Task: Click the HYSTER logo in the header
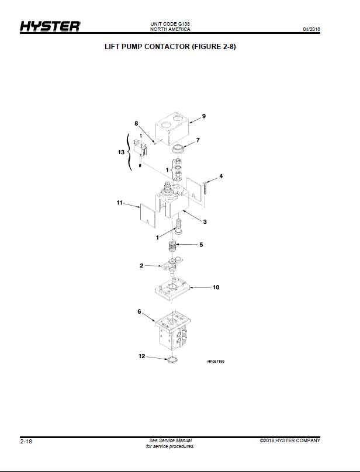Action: coord(50,26)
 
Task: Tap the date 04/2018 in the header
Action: coord(311,29)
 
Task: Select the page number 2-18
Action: coord(26,441)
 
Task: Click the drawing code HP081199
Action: coord(216,361)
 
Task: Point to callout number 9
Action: coord(204,116)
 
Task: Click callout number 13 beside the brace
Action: coord(121,152)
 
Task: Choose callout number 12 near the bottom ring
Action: coord(141,356)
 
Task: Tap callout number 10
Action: coord(216,287)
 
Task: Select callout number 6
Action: coord(139,311)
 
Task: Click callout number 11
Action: coord(120,203)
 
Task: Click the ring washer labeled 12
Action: coord(172,359)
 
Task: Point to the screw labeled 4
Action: coord(205,188)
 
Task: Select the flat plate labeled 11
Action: coord(148,216)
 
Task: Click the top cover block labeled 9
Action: coord(173,129)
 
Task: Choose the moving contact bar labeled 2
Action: coord(172,265)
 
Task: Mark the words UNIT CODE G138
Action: coord(170,24)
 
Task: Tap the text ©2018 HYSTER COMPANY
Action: coord(290,440)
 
